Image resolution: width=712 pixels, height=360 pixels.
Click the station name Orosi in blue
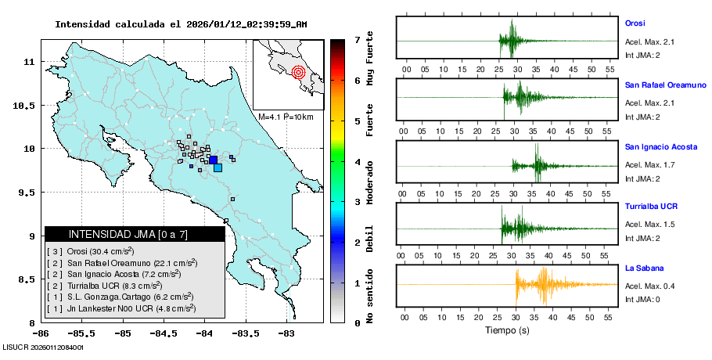pos(635,22)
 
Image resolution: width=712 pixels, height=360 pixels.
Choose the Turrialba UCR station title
pos(651,207)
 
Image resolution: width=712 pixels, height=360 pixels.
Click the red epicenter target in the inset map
pos(297,73)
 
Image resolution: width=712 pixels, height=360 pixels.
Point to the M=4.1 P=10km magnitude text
pos(286,117)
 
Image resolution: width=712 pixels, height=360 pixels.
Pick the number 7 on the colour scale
pos(356,39)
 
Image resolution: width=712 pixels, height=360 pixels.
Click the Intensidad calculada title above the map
pos(181,24)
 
